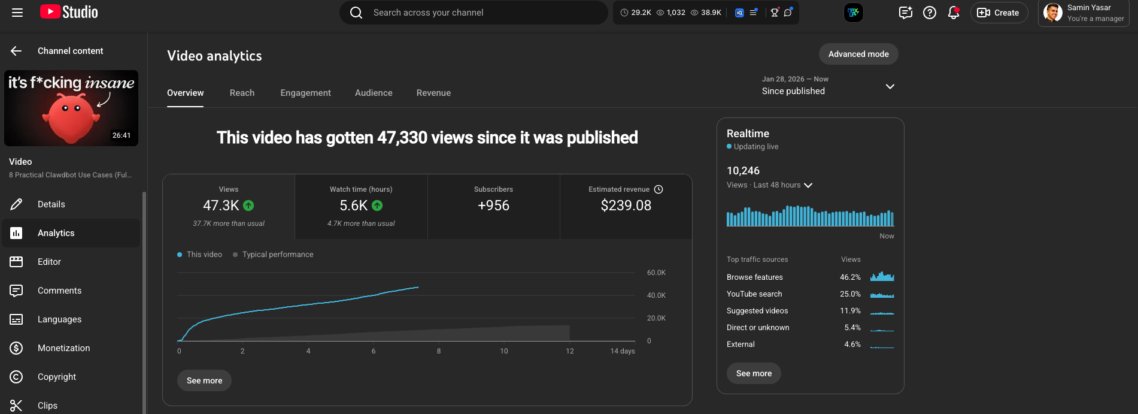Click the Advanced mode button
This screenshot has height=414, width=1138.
pos(858,54)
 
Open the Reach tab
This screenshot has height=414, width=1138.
pos(242,93)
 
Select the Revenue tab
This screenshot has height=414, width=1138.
pos(433,93)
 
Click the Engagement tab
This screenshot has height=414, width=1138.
pos(305,93)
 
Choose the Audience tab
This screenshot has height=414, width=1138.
pos(374,93)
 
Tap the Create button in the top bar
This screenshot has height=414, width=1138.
pos(999,13)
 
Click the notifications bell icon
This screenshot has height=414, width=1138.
pos(953,13)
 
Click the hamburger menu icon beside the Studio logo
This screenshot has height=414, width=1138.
pos(17,13)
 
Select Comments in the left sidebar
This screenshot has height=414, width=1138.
pos(59,291)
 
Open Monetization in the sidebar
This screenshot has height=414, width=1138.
pos(63,348)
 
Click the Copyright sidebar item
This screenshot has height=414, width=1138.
pos(57,377)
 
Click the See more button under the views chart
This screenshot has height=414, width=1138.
pos(204,380)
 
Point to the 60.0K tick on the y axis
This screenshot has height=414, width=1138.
pos(656,273)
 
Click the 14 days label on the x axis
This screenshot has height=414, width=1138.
pos(622,351)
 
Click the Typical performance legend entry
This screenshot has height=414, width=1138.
pos(277,255)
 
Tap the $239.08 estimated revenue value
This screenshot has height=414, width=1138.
pos(626,206)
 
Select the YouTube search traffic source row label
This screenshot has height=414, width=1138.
pos(754,294)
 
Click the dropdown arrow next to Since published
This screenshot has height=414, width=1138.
pos(890,86)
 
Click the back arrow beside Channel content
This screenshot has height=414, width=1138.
pos(16,51)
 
